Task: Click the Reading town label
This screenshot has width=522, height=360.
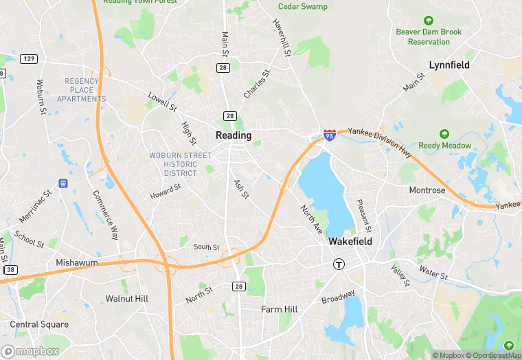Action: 234,135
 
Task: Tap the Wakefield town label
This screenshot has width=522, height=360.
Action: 350,242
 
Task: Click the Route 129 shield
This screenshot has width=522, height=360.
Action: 29,59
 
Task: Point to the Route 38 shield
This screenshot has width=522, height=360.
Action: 10,270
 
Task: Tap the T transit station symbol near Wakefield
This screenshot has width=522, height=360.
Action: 338,264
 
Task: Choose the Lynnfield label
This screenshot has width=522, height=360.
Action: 449,65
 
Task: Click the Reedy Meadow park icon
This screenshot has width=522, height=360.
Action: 444,133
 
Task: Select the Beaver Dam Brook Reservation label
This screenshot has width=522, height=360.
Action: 429,36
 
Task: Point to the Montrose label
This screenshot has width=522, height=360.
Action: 427,190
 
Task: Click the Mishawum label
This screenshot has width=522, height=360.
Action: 76,263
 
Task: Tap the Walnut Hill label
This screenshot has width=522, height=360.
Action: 127,299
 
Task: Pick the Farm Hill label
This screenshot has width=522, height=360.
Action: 280,309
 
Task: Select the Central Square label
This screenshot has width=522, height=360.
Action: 39,324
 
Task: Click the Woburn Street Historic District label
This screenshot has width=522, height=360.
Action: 173,164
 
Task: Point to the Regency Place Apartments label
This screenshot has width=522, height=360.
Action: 86,90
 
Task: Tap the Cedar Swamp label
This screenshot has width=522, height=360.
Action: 303,7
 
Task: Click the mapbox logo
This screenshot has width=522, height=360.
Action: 31,351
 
